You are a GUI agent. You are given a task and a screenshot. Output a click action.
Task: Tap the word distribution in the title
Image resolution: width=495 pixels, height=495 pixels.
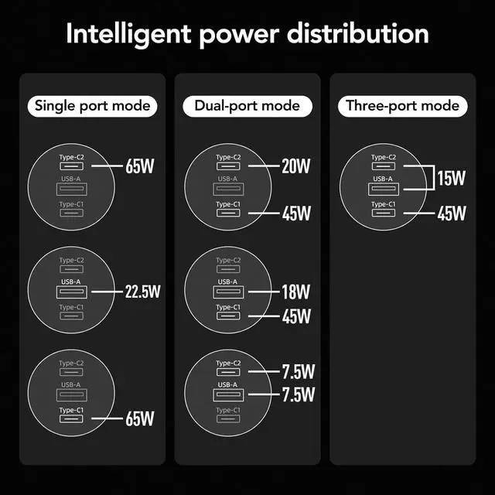(x=365, y=35)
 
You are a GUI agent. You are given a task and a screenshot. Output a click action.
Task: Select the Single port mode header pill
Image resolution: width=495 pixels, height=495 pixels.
(x=92, y=106)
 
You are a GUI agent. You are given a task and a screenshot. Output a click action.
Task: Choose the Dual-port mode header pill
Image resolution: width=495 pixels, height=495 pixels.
(x=247, y=106)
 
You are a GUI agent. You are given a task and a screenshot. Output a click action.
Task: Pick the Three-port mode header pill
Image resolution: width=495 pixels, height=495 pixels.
(x=402, y=106)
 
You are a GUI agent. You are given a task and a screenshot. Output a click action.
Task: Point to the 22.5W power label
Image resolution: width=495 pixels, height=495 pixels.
(x=142, y=292)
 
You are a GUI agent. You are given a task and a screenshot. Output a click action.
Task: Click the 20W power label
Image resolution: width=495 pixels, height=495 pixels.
(x=295, y=166)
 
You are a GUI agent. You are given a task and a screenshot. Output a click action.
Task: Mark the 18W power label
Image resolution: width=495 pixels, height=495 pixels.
(x=295, y=292)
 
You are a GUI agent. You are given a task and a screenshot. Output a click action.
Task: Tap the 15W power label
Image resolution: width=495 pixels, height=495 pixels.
(x=451, y=179)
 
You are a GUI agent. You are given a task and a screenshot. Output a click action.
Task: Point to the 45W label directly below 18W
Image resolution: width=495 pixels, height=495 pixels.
(x=295, y=316)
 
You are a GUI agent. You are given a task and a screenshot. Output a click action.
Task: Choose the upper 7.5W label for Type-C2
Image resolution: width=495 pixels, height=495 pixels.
(x=297, y=371)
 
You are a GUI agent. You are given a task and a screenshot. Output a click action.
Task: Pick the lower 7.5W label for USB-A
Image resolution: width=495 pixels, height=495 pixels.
(x=297, y=395)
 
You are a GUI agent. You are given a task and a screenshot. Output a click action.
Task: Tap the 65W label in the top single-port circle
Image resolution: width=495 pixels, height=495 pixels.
(x=140, y=166)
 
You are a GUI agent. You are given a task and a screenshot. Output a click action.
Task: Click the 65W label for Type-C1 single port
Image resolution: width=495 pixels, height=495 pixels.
(x=140, y=418)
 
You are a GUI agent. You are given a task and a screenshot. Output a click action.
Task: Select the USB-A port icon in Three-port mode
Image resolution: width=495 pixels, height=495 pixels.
(x=383, y=189)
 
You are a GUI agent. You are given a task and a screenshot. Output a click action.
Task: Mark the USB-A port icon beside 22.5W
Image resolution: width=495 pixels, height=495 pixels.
(x=71, y=292)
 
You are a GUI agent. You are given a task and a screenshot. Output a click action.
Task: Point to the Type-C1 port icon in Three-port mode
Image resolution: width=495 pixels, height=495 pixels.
(x=383, y=213)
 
